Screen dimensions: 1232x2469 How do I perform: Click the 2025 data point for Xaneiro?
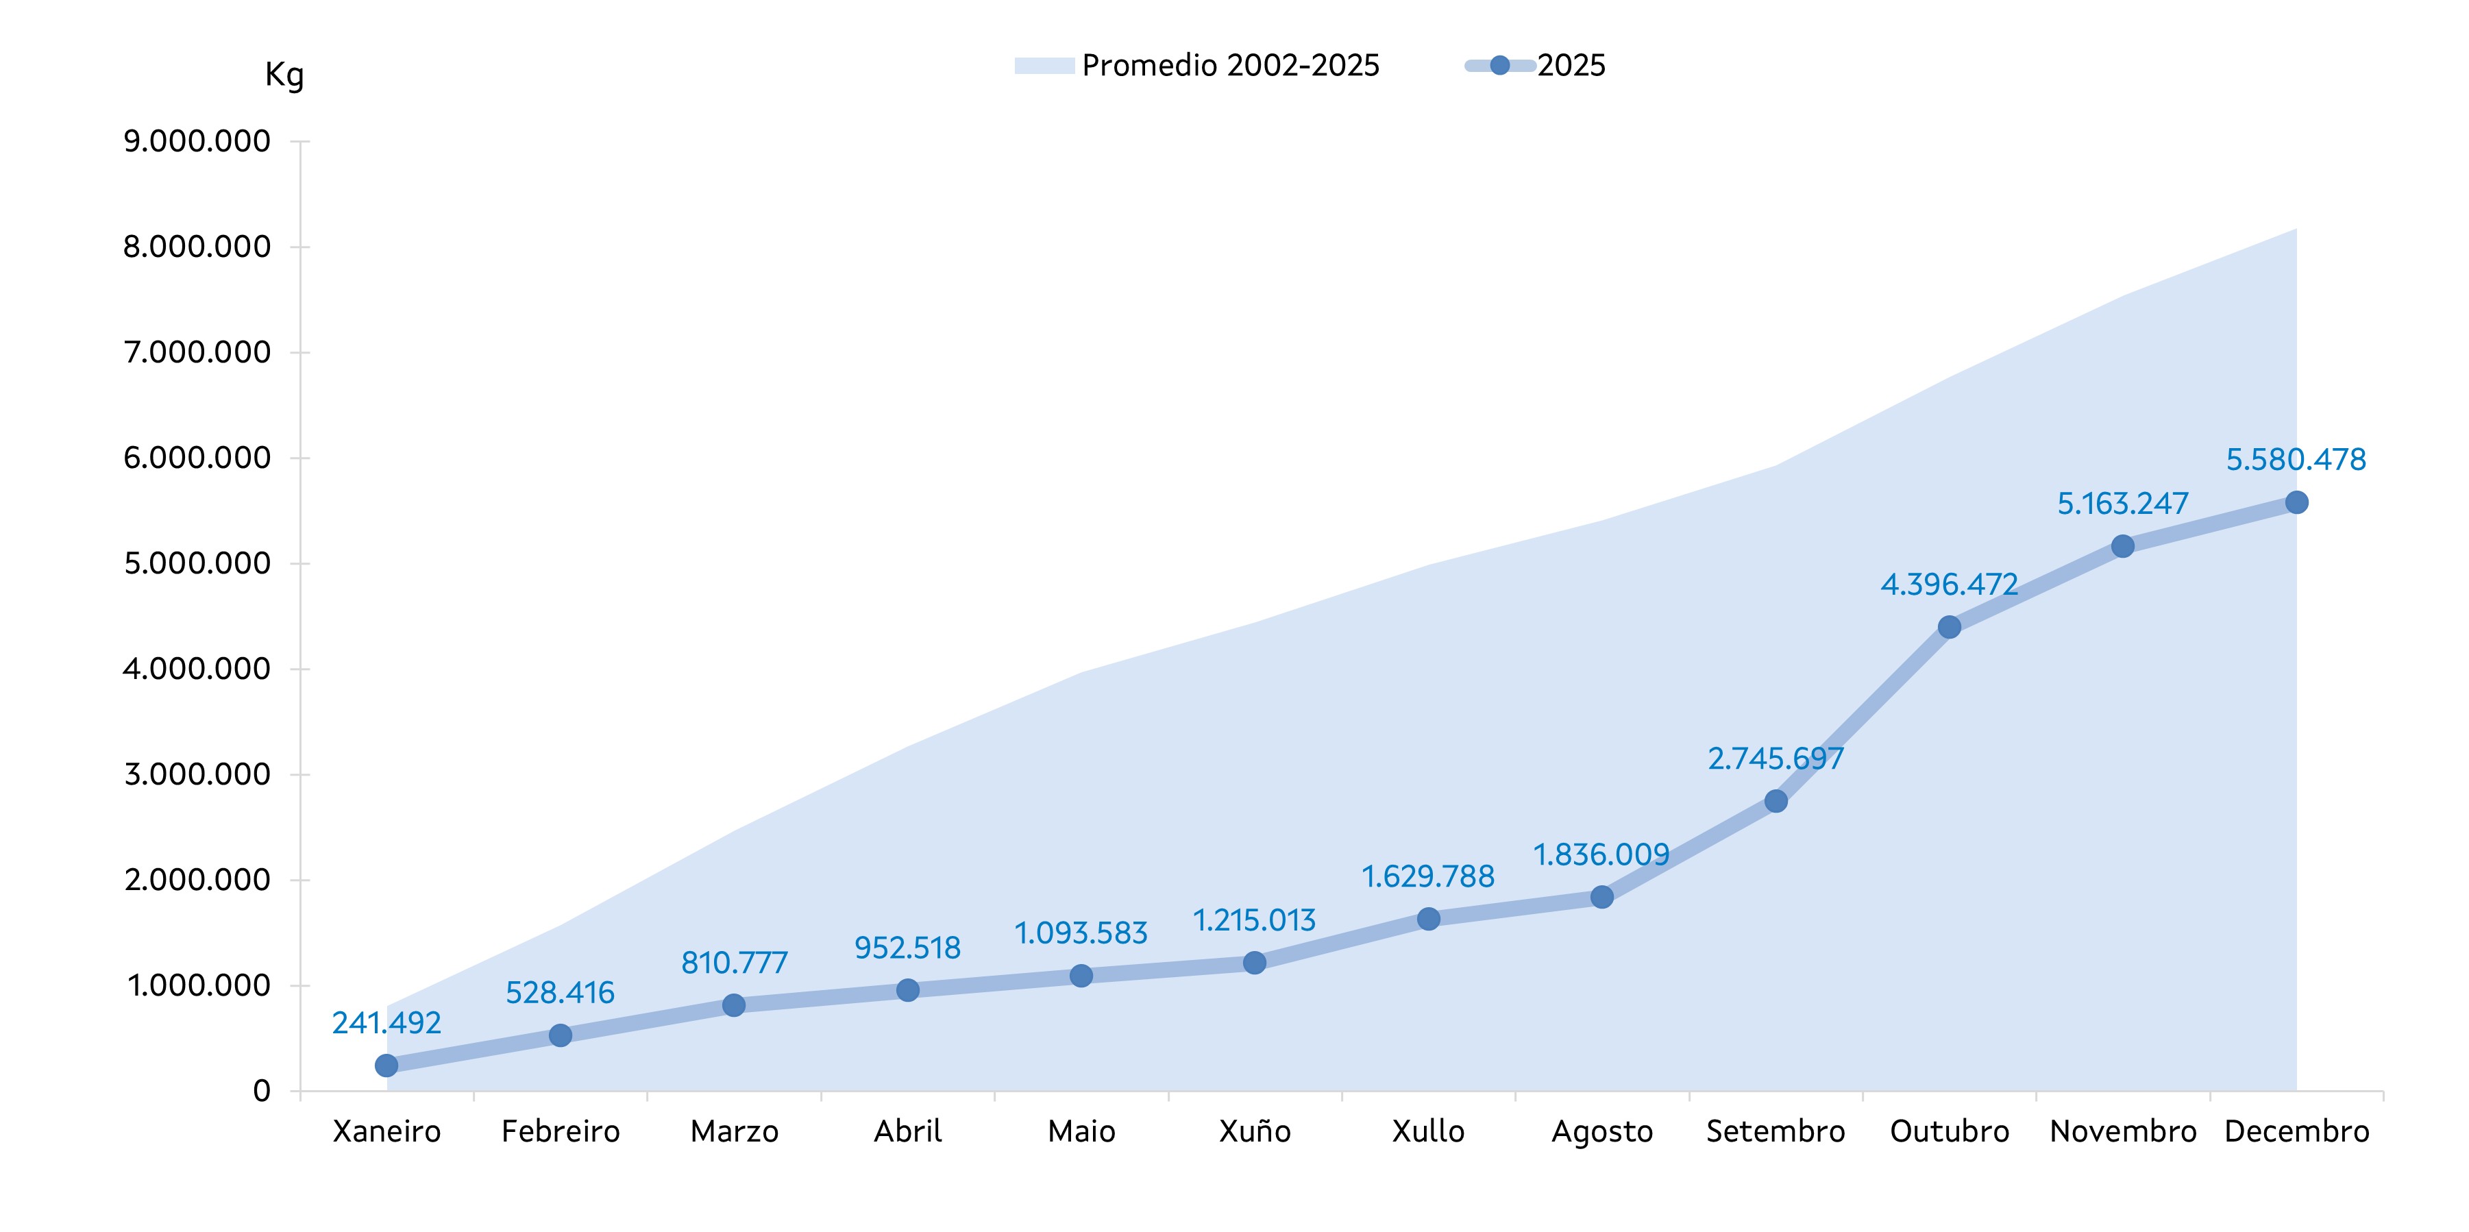coord(386,1065)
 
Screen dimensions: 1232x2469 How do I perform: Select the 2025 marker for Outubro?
coord(1949,627)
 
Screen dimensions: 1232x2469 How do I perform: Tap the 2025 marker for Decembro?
coord(2296,502)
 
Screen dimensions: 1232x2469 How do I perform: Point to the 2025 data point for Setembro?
coord(1775,800)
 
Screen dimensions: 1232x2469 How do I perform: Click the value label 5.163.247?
coord(2122,504)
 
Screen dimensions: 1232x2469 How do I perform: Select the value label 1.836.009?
coord(1601,854)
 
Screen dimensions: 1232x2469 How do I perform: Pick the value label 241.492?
coord(386,1023)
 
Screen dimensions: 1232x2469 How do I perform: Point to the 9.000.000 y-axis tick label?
coord(197,141)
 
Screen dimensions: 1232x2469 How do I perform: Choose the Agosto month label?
coord(1601,1131)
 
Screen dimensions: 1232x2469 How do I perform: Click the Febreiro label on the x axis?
coord(560,1131)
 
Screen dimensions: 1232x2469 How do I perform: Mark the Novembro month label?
coord(2122,1131)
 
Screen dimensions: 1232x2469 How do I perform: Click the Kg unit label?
coord(284,75)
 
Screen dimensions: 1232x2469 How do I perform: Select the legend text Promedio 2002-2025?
coord(1230,65)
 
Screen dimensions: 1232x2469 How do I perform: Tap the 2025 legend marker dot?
coord(1500,65)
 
